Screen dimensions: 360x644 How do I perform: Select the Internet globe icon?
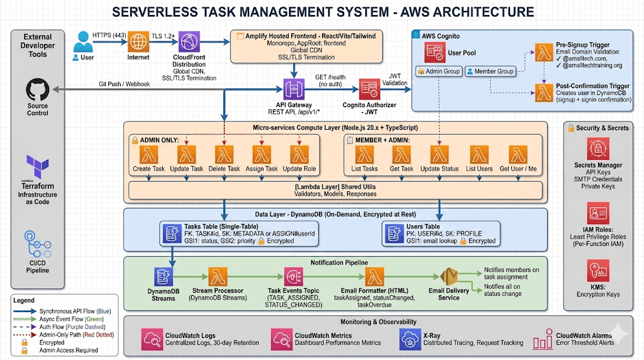[x=139, y=42]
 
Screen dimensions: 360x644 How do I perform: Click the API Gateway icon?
[x=293, y=88]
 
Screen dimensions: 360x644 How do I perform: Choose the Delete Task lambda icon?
[x=225, y=154]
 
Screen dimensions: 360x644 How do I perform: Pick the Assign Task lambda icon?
[x=262, y=154]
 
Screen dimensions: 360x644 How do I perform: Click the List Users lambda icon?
[x=479, y=154]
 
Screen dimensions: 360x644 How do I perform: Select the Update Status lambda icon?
[x=439, y=154]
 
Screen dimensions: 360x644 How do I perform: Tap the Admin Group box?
[x=438, y=72]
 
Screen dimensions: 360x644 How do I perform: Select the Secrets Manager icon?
[x=598, y=149]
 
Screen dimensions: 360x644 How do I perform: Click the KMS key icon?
[x=598, y=271]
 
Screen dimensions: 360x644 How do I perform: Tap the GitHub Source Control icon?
[x=37, y=90]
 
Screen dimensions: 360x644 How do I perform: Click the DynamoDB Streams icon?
[x=164, y=277]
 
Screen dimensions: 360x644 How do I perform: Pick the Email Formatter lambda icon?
[x=375, y=277]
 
